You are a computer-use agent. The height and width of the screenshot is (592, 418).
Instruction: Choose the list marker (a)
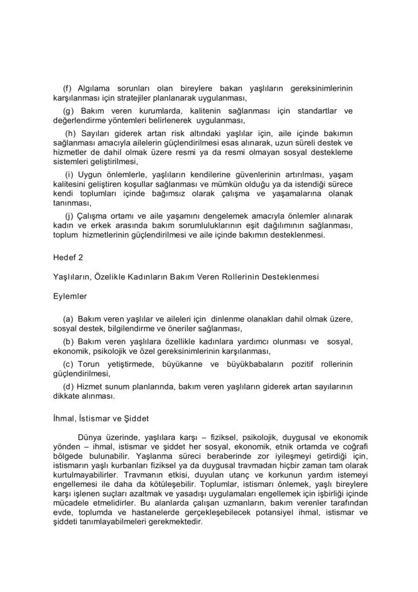click(x=68, y=319)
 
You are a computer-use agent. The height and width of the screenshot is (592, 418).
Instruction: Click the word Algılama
click(x=96, y=88)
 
